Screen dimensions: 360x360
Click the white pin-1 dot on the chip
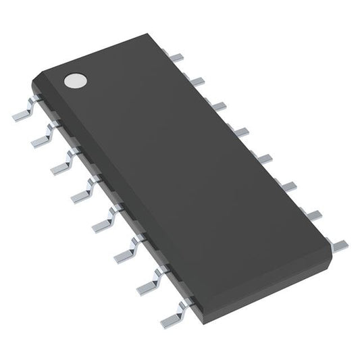tap(75, 81)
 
